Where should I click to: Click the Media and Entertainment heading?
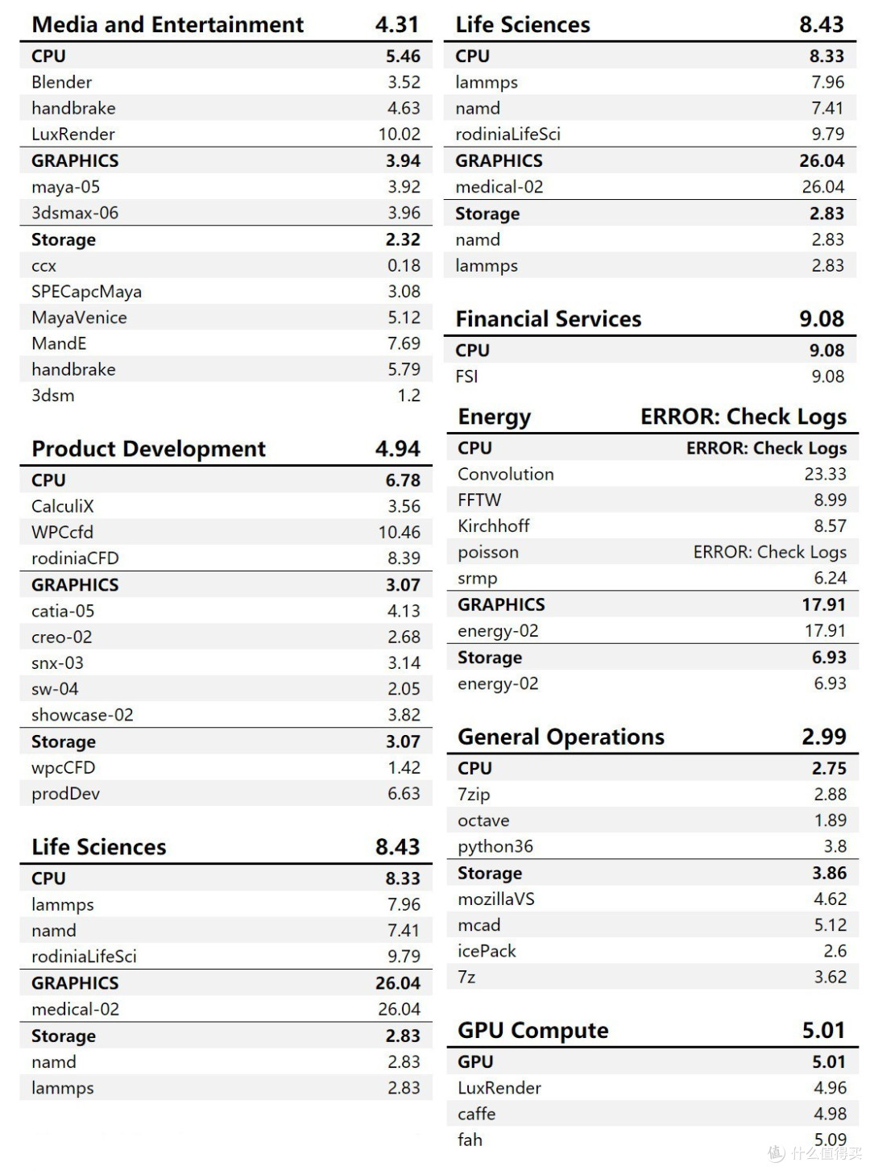click(168, 25)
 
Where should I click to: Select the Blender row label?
click(61, 82)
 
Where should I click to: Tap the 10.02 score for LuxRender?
click(399, 134)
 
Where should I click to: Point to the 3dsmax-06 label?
click(75, 213)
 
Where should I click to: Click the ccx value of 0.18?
click(404, 265)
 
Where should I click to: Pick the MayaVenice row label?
click(79, 318)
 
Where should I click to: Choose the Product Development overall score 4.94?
click(397, 449)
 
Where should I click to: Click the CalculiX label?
click(62, 506)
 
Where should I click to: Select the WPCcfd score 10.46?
click(399, 532)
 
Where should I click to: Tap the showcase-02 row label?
click(82, 715)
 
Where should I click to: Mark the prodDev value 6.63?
click(404, 794)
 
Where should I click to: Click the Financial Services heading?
click(549, 319)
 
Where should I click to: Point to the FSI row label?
click(466, 376)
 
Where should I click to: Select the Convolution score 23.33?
click(825, 474)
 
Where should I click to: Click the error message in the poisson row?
click(769, 552)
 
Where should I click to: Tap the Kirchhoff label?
click(494, 525)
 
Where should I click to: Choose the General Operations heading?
click(561, 737)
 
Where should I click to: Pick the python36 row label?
click(495, 846)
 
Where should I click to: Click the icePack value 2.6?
click(835, 951)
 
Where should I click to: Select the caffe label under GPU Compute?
click(476, 1114)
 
